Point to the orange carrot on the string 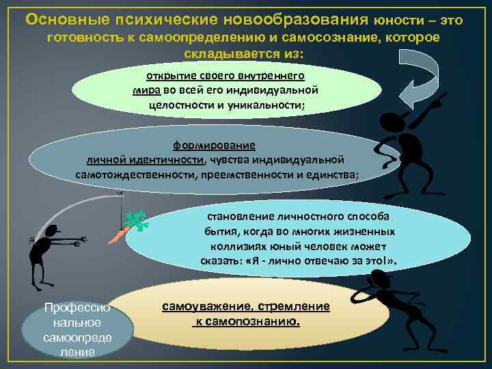pyautogui.click(x=118, y=236)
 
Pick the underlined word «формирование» pyautogui.click(x=214, y=146)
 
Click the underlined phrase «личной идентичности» pyautogui.click(x=145, y=160)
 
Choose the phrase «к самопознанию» pyautogui.click(x=245, y=321)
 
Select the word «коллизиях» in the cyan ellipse pyautogui.click(x=232, y=247)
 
